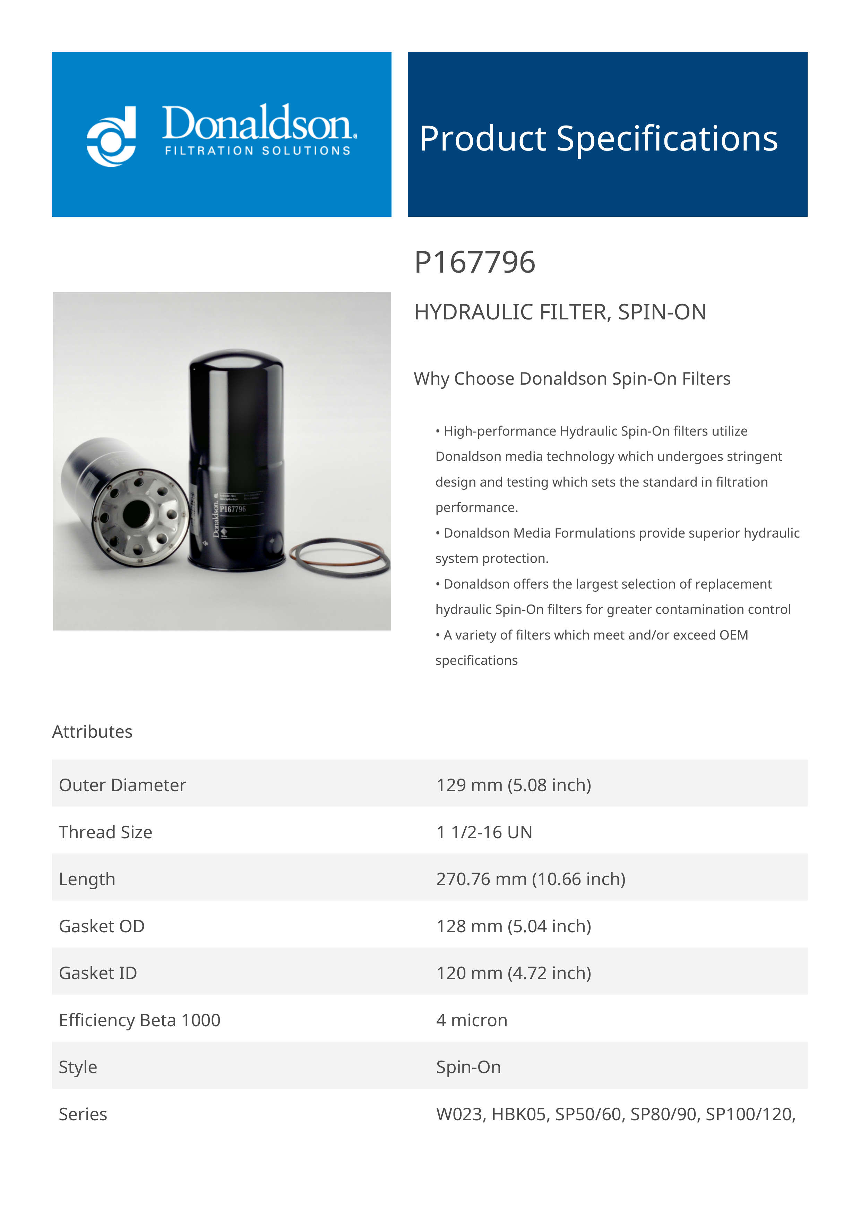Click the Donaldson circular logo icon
(x=111, y=136)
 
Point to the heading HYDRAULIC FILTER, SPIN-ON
(x=560, y=312)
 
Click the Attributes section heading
(x=92, y=731)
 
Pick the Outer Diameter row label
(x=122, y=785)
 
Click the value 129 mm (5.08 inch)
(x=514, y=785)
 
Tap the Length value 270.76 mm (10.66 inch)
(x=531, y=879)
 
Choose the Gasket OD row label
(x=102, y=926)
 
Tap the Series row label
(x=83, y=1114)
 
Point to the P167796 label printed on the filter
(x=233, y=509)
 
